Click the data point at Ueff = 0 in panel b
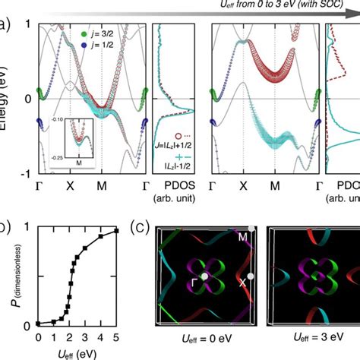[38, 324]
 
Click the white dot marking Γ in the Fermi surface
[204, 276]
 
